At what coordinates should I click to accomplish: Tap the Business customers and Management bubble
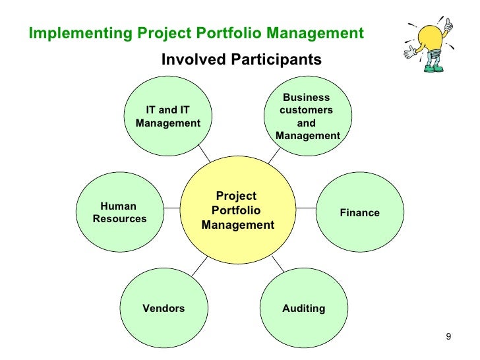(x=307, y=117)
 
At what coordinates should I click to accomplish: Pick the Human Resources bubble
(x=120, y=212)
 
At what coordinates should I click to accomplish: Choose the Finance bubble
(x=359, y=212)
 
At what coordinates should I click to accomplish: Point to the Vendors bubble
(x=164, y=308)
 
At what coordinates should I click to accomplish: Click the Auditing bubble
(x=303, y=308)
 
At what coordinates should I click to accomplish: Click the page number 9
(x=448, y=338)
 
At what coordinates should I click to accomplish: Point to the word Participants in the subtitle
(x=277, y=60)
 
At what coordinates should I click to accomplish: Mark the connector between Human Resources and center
(x=171, y=208)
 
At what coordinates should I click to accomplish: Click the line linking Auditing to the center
(x=278, y=264)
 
